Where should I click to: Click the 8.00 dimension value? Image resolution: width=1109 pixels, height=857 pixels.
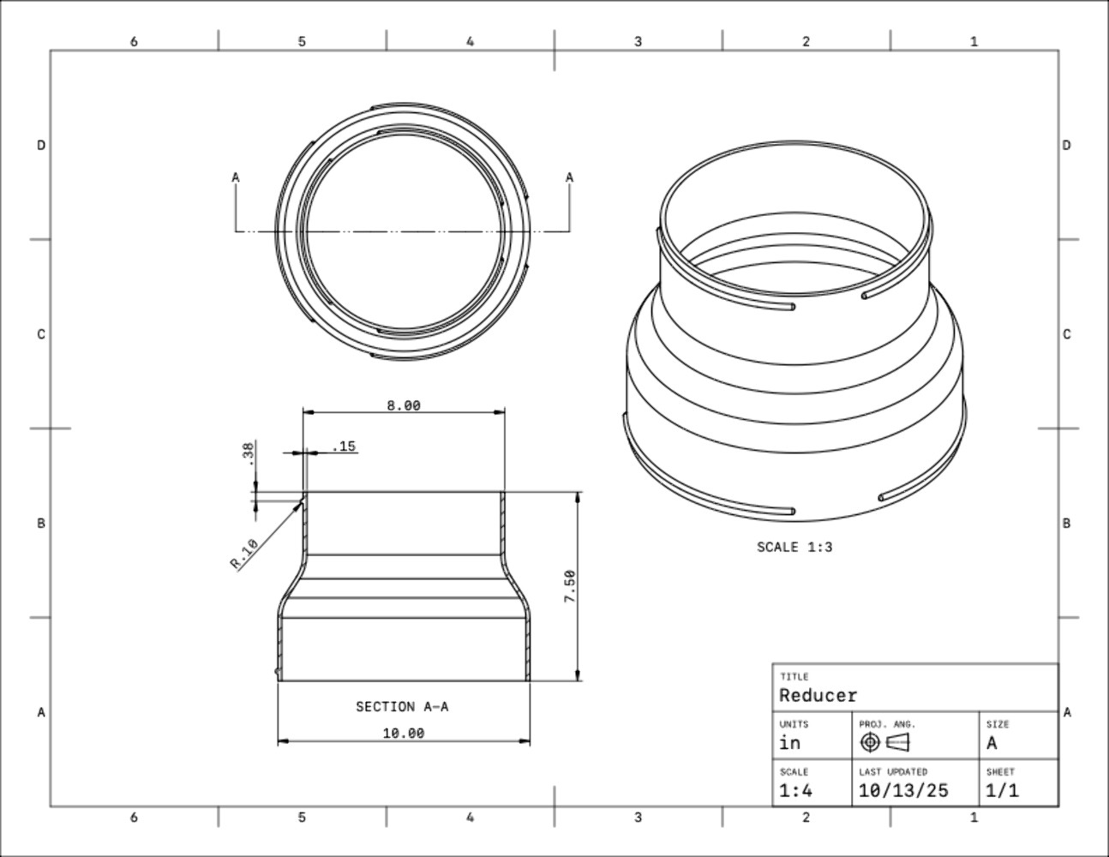click(x=403, y=405)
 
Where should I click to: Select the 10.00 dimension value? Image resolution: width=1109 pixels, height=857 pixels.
click(x=403, y=733)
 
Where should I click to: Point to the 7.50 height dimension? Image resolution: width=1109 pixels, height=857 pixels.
click(x=569, y=587)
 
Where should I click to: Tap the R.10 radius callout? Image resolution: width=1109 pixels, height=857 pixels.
click(x=244, y=554)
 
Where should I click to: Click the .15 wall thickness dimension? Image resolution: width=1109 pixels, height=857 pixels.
click(x=344, y=446)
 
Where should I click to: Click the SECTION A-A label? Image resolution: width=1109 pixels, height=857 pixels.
click(x=402, y=707)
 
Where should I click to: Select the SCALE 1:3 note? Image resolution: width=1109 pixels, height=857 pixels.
click(x=794, y=547)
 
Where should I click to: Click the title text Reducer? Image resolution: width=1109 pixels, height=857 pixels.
click(x=818, y=695)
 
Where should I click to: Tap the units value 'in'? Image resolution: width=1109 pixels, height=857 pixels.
click(x=789, y=743)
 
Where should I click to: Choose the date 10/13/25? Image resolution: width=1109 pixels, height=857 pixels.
click(x=902, y=790)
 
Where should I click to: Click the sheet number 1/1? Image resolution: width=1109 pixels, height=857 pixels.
click(x=1002, y=790)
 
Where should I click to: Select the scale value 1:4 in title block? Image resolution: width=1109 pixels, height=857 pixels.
click(x=795, y=790)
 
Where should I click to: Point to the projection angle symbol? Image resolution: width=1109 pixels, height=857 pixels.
click(x=884, y=742)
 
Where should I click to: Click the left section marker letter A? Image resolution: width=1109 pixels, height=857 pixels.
click(x=236, y=177)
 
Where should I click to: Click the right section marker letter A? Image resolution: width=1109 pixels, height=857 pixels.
click(x=569, y=177)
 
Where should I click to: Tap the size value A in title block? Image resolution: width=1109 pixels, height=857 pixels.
click(x=992, y=743)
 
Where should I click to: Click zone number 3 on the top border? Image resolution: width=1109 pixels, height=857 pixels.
click(x=638, y=41)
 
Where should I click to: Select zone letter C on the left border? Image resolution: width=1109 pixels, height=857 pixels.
click(x=40, y=334)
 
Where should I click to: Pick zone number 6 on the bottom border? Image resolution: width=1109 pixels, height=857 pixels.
click(x=134, y=818)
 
